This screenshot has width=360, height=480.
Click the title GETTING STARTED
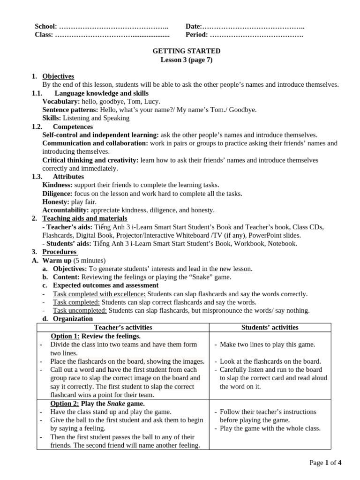[x=187, y=51]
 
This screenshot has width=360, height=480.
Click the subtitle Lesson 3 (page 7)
[x=187, y=60]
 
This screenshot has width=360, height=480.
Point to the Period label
[x=197, y=35]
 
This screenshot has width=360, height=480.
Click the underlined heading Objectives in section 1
[x=58, y=76]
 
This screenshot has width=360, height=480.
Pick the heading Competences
[x=73, y=127]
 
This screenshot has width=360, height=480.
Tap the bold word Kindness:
[x=57, y=185]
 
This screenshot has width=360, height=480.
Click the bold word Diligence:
[x=57, y=194]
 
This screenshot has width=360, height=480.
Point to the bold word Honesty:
[x=56, y=202]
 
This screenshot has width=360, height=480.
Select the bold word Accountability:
[x=65, y=210]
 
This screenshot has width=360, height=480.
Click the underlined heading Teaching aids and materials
[x=84, y=218]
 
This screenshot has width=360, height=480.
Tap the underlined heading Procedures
[x=60, y=252]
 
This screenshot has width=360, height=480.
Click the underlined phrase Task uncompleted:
[x=80, y=310]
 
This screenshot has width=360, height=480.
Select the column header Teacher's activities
[x=123, y=328]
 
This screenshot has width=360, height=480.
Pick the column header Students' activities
[x=270, y=328]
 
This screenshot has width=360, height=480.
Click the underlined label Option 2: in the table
[x=65, y=403]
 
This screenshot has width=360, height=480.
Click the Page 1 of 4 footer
[x=325, y=463]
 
